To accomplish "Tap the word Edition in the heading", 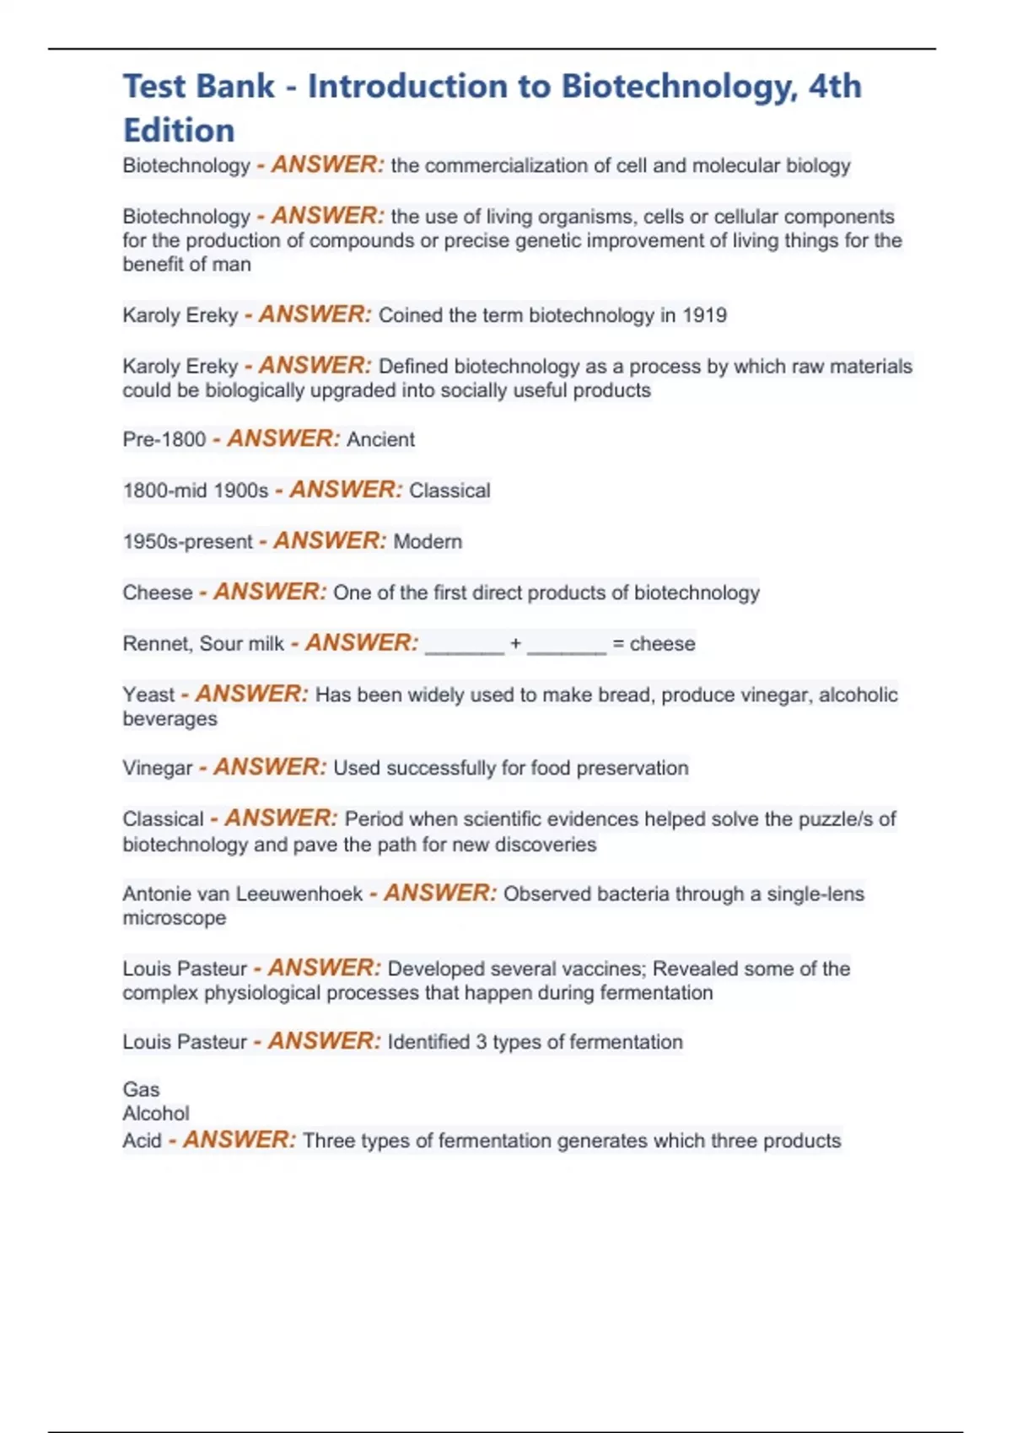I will coord(179,131).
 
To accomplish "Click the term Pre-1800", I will coord(164,439).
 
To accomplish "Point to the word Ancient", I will coord(380,439).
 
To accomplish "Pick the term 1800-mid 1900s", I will coord(196,491).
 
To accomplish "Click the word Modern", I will coord(428,541).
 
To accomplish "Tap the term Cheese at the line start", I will coord(158,593).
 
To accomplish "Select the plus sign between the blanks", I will coord(515,643).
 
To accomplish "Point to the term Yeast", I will coord(148,695).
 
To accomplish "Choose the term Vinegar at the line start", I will coord(158,768).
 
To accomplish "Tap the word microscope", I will coord(175,918).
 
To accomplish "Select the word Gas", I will coord(141,1089).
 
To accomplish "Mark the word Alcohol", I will coord(156,1114).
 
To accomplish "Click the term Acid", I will coord(142,1140).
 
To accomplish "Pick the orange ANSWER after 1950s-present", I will coord(330,540).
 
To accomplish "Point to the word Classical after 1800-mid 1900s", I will coord(449,491).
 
